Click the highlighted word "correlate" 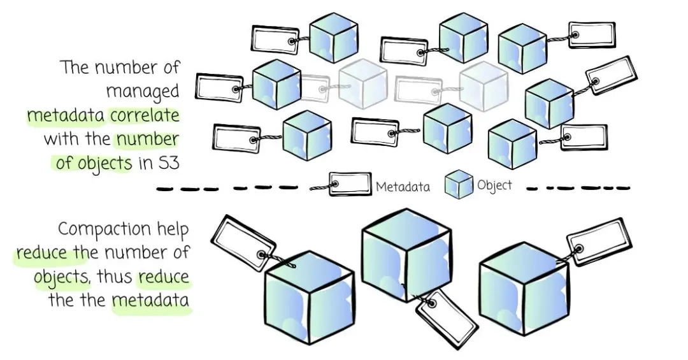pos(145,115)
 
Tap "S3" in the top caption pos(168,162)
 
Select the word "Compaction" pos(104,229)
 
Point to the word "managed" pos(143,91)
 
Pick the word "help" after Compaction pos(172,229)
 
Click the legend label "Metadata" pos(403,186)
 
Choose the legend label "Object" pos(494,185)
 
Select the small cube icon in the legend pos(459,184)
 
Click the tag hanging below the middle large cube pos(447,318)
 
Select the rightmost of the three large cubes pos(522,286)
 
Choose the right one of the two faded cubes pos(483,85)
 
